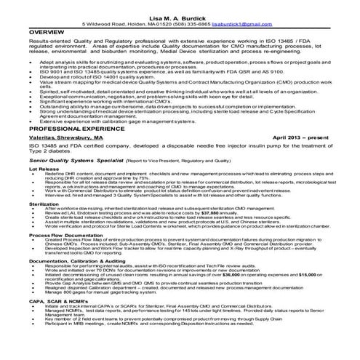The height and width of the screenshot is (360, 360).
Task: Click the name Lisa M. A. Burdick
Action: coord(180,17)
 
